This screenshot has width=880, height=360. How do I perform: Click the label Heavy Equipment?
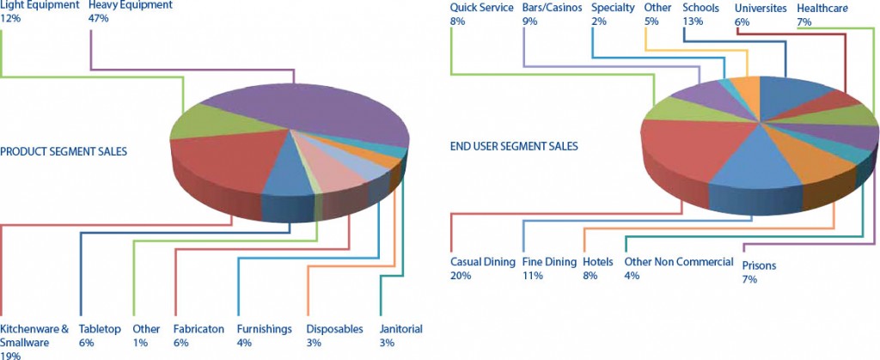pos(131,6)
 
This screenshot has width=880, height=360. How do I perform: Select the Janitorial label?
pos(400,329)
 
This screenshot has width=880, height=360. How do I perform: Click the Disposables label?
pos(335,329)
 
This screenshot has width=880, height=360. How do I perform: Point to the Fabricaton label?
pos(199,329)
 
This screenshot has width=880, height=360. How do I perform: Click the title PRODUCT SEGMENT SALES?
pos(64,151)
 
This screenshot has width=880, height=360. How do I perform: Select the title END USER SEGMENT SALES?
pos(514,146)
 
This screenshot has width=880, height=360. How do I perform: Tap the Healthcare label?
pos(822,9)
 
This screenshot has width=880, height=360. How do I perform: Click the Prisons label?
pos(759,265)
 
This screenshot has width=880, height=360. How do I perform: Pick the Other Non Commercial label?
pos(679,262)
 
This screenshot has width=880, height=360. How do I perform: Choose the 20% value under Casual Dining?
pos(461,275)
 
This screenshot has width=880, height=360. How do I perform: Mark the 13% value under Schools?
pos(693,21)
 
